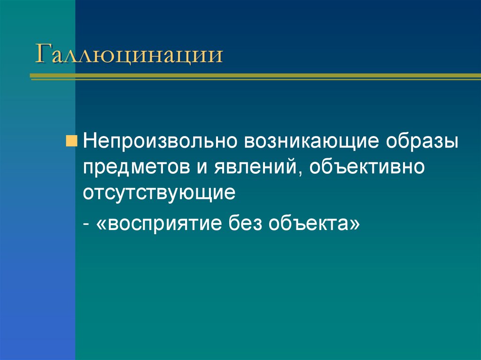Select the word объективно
click(367, 166)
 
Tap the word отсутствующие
click(159, 192)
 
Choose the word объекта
click(308, 222)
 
